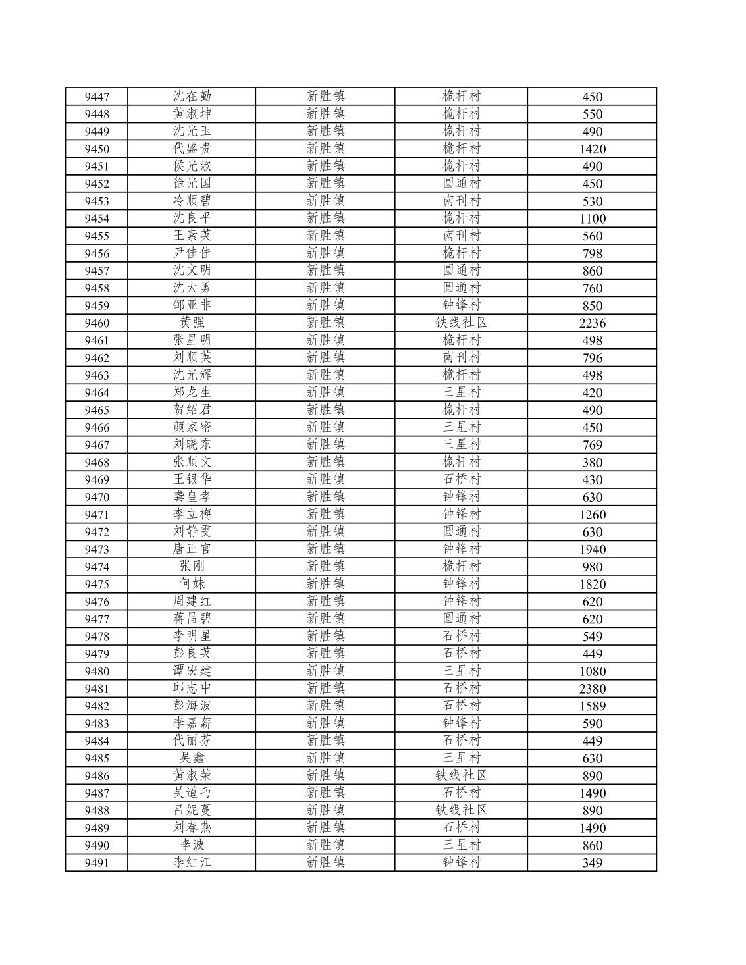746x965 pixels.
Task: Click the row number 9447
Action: (97, 97)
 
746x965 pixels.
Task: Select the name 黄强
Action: (192, 323)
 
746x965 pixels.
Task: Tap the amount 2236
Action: (592, 323)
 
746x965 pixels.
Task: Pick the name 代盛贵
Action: (192, 149)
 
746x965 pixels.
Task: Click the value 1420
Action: (592, 149)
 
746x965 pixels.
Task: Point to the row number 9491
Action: (97, 862)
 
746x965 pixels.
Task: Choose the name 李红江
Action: (192, 862)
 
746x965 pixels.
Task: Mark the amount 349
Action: (592, 862)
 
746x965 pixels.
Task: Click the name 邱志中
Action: (192, 688)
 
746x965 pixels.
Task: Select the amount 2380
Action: (592, 688)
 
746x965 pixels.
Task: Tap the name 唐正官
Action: (192, 549)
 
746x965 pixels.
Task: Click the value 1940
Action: (592, 549)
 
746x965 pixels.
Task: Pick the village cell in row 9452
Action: (461, 184)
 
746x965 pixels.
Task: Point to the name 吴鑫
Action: (192, 758)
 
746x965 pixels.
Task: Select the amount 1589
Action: (592, 706)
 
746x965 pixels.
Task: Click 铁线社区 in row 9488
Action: (461, 810)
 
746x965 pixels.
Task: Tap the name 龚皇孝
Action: (192, 497)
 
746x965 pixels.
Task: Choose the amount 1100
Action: (592, 218)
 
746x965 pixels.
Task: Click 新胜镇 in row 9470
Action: (325, 497)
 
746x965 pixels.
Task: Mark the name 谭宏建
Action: (192, 671)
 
